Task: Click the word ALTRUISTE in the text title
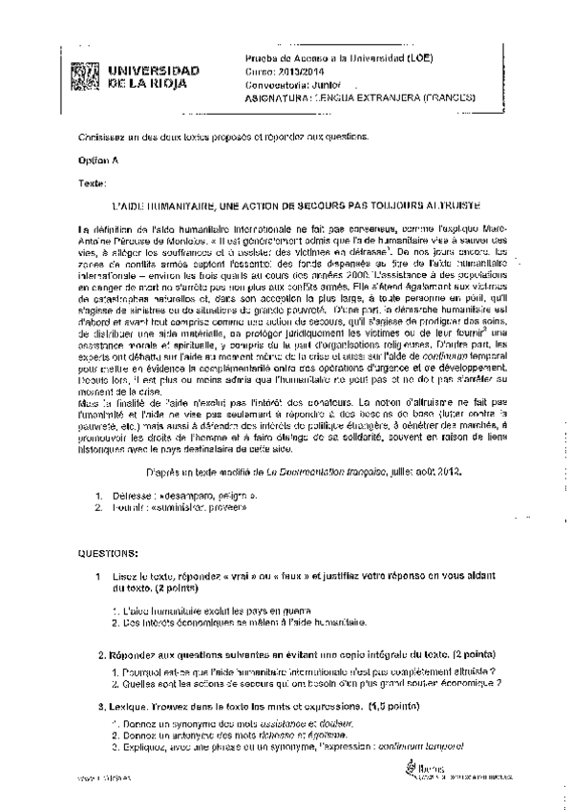447,205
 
